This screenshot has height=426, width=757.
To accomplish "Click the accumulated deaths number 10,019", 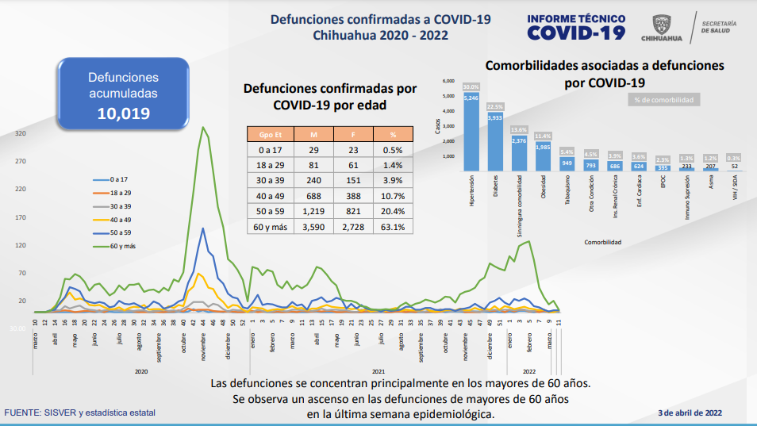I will point(123,113).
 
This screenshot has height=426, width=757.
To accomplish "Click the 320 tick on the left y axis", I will point(21,134).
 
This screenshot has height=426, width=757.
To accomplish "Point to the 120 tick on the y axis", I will point(21,246).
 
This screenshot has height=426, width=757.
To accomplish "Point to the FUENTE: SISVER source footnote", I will point(80,413).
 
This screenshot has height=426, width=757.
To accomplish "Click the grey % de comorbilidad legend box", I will point(664,100).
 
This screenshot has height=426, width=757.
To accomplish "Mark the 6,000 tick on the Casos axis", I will point(448,82).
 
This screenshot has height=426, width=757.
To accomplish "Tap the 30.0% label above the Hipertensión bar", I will point(471,86).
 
